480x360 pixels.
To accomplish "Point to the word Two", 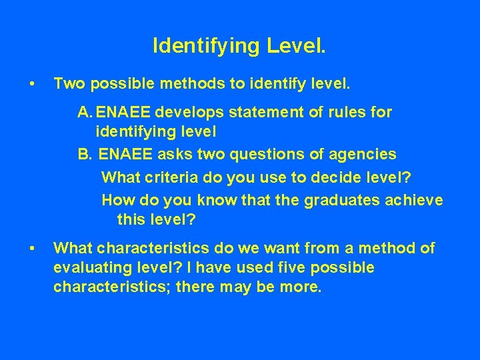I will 69,84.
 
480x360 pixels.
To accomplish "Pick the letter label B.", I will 85,155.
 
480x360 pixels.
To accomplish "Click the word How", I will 118,199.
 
